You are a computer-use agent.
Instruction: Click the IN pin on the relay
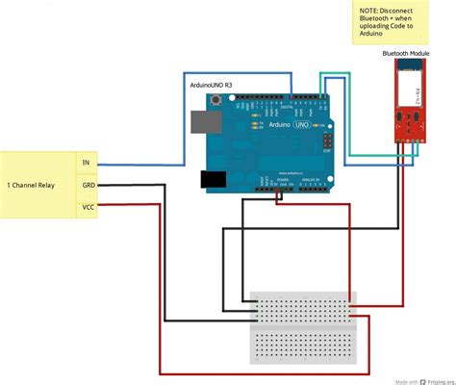[x=87, y=163]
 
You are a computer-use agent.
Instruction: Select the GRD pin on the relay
[x=88, y=184]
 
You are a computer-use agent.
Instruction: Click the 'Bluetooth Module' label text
[x=405, y=54]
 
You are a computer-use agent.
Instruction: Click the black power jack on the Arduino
[x=214, y=179]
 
